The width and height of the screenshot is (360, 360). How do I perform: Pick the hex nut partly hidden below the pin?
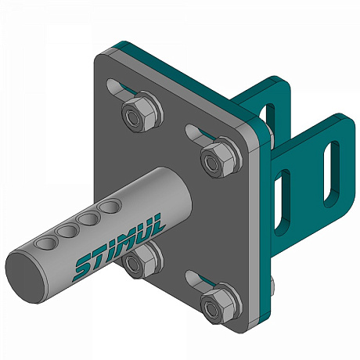tap(141, 260)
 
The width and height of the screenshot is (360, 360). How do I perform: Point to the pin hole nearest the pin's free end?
tap(46, 243)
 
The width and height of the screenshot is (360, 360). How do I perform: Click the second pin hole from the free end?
tap(68, 231)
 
